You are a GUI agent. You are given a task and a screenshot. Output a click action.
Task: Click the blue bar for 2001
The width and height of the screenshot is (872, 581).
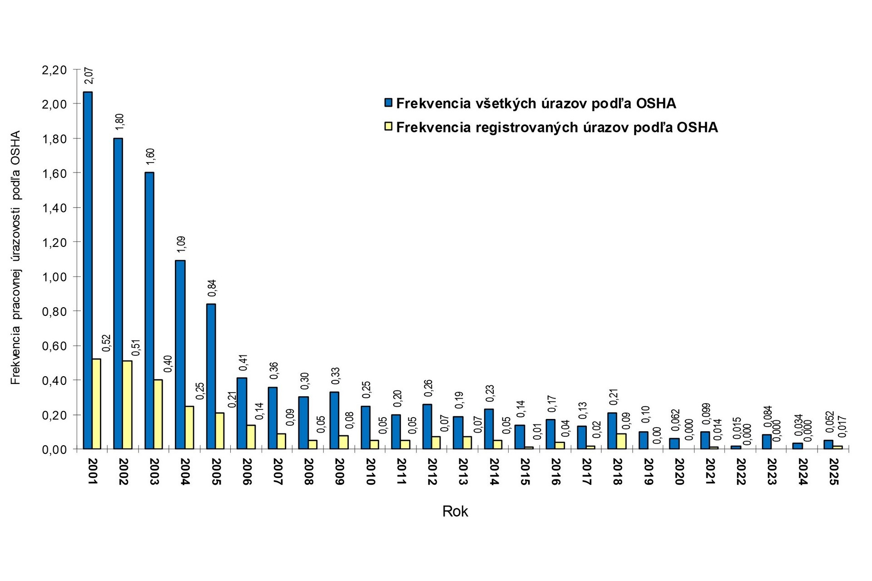(88, 271)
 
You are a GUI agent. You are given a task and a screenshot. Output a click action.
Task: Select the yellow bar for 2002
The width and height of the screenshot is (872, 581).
(127, 405)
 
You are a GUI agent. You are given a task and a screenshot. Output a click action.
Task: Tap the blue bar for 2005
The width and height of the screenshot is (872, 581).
(211, 376)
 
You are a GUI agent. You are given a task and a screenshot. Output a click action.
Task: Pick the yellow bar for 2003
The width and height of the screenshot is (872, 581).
(158, 414)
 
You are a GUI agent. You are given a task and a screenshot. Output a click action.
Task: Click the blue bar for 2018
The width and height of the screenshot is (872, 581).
(612, 431)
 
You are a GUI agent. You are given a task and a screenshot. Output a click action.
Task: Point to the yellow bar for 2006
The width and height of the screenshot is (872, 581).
(251, 437)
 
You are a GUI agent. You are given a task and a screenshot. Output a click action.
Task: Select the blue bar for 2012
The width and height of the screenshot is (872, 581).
(427, 427)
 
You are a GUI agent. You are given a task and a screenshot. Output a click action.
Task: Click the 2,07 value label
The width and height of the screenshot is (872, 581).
(89, 75)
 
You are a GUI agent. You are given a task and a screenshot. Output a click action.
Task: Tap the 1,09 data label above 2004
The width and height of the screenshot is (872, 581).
(182, 244)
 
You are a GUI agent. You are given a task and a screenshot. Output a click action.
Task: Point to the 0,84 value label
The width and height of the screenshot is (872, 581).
(212, 288)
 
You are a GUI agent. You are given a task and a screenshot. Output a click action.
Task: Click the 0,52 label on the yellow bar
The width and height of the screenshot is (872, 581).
(106, 343)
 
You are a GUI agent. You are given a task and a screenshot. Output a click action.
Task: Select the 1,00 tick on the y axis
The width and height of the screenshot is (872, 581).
(54, 277)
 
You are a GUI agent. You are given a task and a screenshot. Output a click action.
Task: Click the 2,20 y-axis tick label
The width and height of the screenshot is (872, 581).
(54, 70)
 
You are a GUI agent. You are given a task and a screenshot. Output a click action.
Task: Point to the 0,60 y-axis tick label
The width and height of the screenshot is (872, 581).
(54, 346)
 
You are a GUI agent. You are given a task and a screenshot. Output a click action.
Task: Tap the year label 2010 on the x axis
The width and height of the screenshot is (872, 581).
(371, 472)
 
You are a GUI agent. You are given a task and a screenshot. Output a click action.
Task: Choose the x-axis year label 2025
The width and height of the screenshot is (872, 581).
(834, 472)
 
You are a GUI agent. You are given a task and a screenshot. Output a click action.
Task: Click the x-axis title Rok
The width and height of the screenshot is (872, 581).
(455, 512)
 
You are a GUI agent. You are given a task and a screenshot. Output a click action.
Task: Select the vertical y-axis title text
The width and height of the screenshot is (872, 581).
(16, 258)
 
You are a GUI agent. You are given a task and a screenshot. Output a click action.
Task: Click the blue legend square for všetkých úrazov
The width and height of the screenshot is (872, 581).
(388, 103)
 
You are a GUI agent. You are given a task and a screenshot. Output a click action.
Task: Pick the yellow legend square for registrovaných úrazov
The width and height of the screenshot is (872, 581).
(388, 127)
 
